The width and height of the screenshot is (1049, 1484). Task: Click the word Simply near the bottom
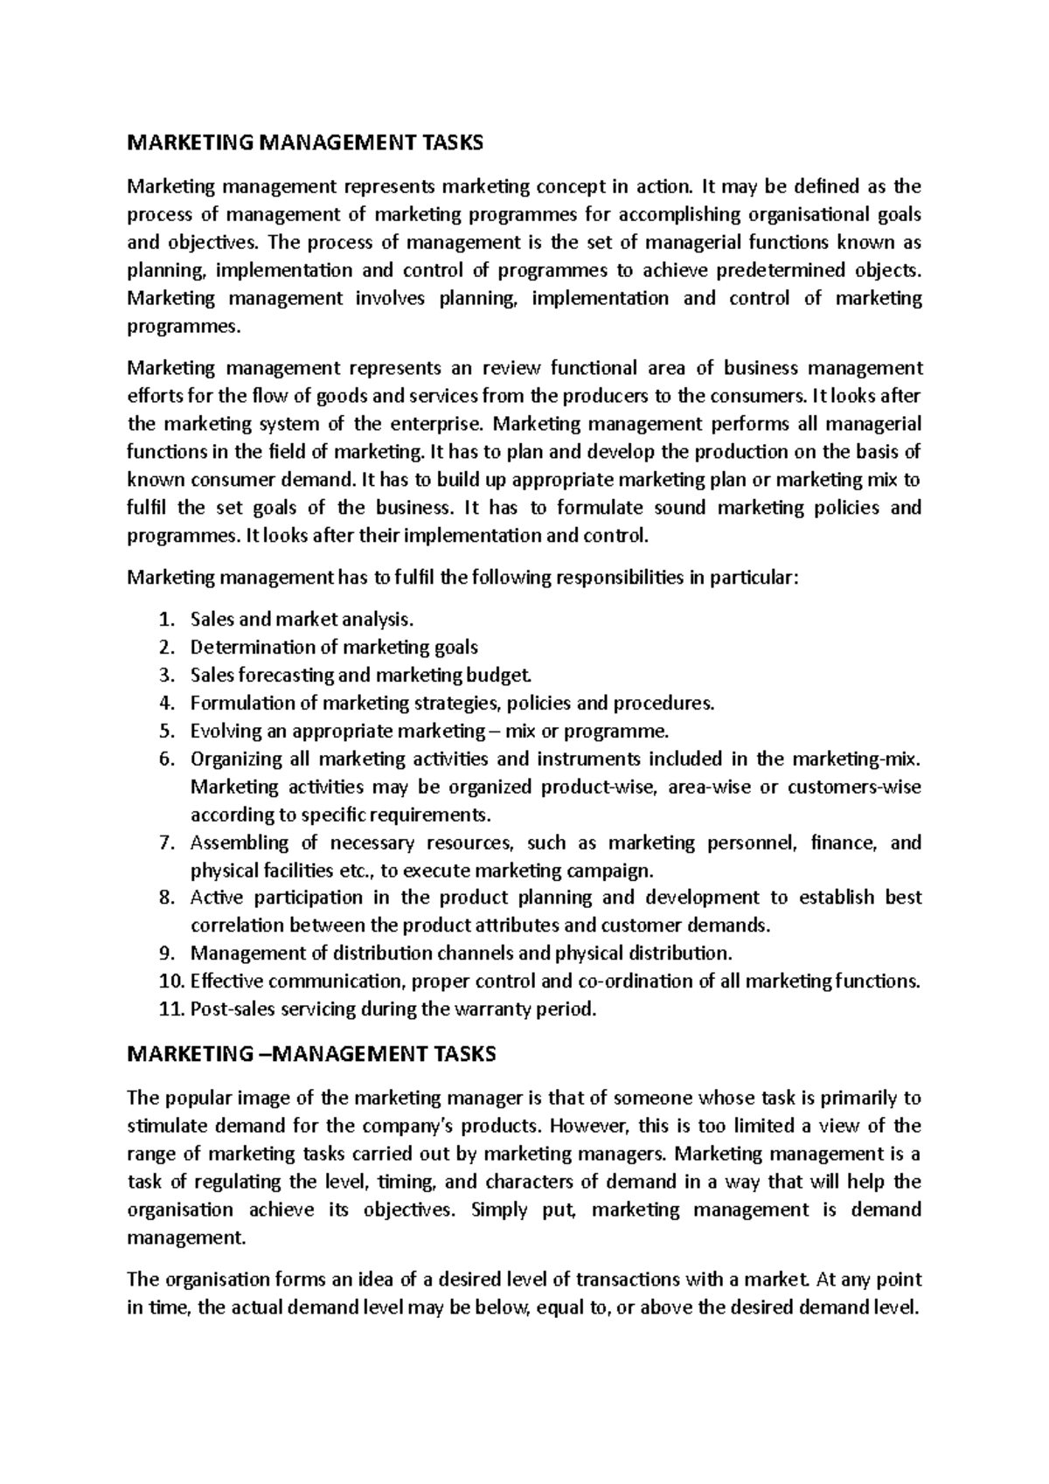pos(500,1210)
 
